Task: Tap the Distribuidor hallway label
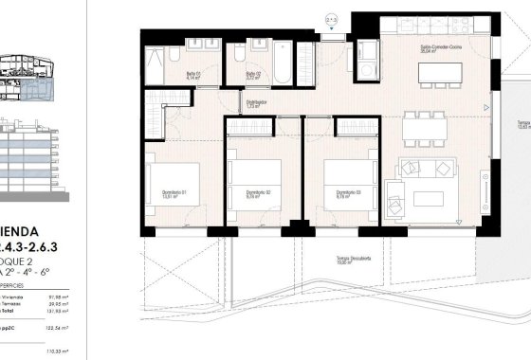[256, 105]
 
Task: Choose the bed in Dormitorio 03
[345, 177]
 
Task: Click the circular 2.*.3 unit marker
[332, 17]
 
